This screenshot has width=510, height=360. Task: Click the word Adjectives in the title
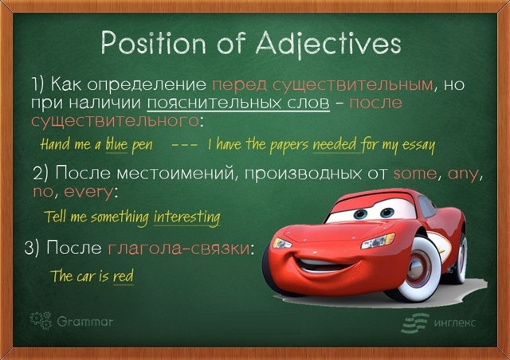pos(328,43)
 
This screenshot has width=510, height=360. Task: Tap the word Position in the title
pos(154,42)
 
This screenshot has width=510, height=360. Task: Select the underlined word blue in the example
pos(116,144)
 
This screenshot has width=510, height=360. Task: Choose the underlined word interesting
pos(187,217)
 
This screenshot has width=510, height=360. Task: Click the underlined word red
pos(124,276)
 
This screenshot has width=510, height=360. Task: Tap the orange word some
pos(415,174)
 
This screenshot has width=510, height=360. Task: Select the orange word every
pos(88,192)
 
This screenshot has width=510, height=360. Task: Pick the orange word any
pos(463,174)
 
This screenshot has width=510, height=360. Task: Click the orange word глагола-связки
pos(178,248)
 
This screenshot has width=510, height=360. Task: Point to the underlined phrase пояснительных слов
pos(238,103)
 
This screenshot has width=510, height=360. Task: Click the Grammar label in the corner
pos(85,322)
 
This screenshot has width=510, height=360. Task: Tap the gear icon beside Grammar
pos(41,321)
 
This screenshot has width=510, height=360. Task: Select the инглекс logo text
pos(455,323)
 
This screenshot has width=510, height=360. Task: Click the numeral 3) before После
pos(32,248)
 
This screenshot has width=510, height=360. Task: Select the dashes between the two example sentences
pos(184,146)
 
